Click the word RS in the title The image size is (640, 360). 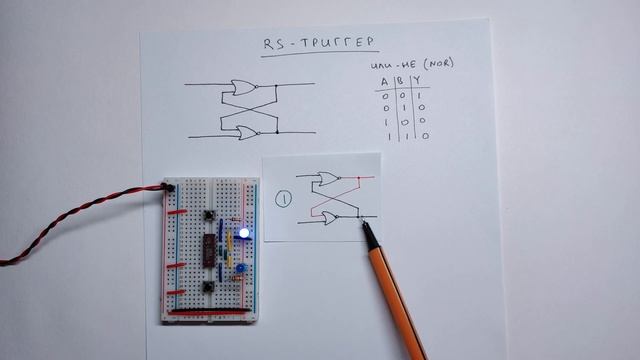[272, 43]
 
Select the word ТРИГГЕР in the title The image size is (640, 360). [335, 43]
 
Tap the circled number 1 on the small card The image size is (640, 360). [284, 198]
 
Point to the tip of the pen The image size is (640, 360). [363, 224]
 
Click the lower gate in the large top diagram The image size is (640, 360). [243, 130]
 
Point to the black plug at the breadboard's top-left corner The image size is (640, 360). [170, 186]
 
